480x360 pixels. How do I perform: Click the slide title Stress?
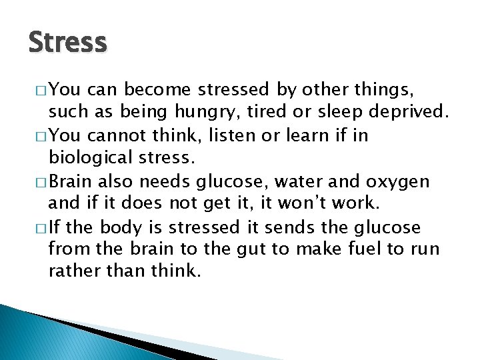67,43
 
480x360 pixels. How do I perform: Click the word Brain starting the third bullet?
71,181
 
